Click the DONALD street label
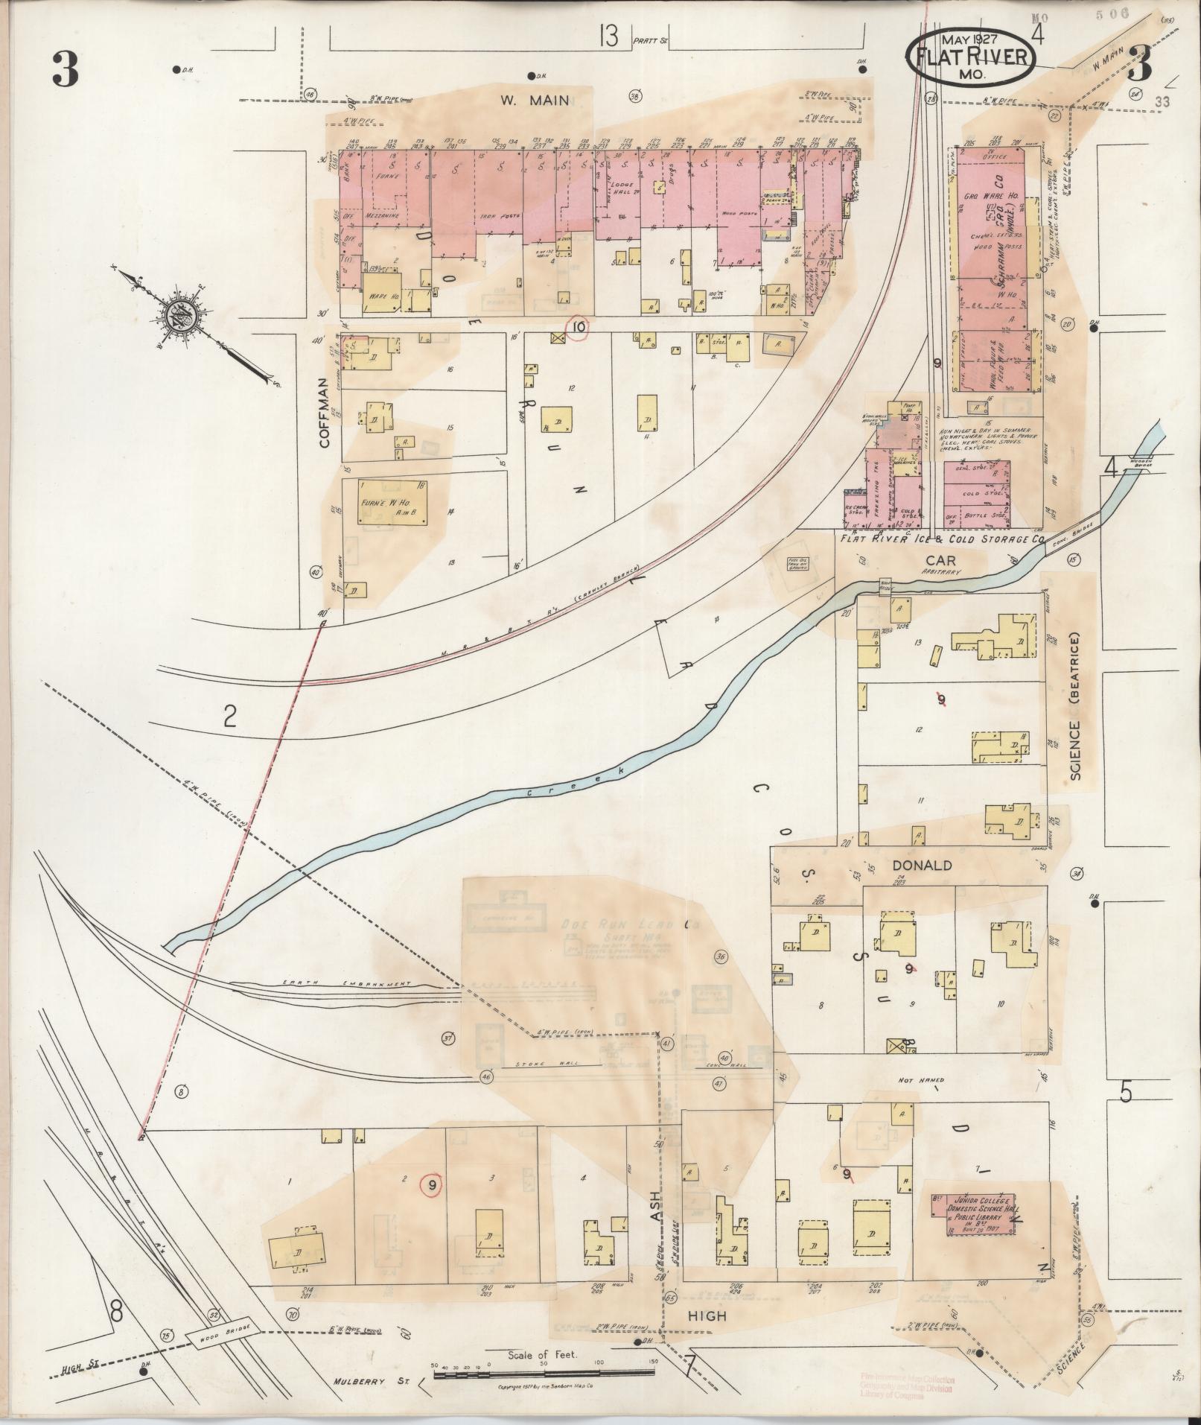(923, 866)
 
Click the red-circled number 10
(579, 326)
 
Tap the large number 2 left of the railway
(230, 717)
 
